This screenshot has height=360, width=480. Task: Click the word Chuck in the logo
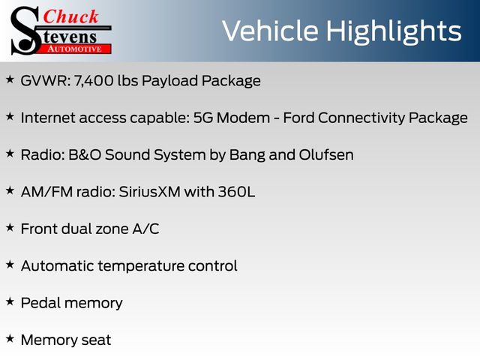[x=70, y=16]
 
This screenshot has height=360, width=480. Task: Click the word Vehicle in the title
[x=270, y=31]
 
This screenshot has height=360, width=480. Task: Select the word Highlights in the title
[x=393, y=32]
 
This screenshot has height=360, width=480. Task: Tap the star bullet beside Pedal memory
[x=10, y=301]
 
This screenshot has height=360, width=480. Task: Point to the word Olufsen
[x=326, y=155]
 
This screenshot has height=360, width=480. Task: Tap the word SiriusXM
[x=149, y=192]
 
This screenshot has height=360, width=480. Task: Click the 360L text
[x=236, y=192]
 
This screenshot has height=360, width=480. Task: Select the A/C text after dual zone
[x=145, y=229]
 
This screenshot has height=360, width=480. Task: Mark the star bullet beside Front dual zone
[x=10, y=227]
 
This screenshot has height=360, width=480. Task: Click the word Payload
[x=170, y=81]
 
